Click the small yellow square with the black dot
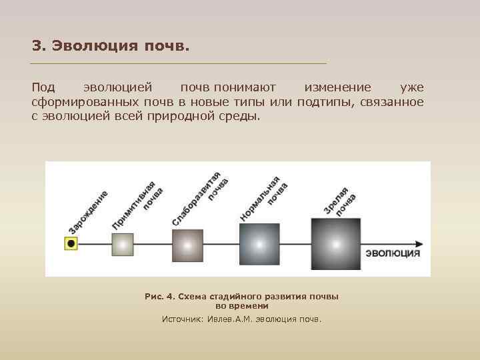click(x=71, y=244)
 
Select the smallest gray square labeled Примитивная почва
click(x=123, y=244)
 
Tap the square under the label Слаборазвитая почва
click(x=187, y=244)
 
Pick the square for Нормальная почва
click(x=260, y=243)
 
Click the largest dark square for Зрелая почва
click(x=336, y=243)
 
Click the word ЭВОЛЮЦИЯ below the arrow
click(x=393, y=253)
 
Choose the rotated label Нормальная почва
click(x=264, y=199)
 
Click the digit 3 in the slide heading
click(x=36, y=47)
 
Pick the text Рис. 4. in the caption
click(x=159, y=296)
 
